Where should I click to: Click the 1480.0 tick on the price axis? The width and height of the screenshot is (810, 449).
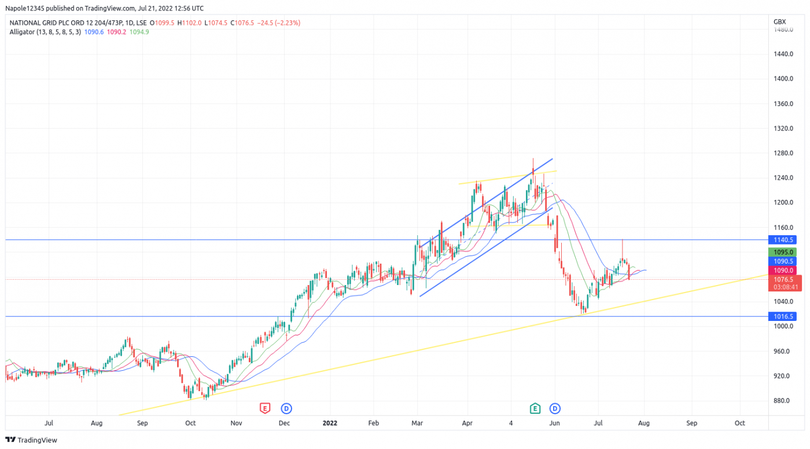783,30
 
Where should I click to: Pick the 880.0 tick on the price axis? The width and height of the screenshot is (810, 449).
782,401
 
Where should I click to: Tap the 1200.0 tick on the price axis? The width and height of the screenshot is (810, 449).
783,203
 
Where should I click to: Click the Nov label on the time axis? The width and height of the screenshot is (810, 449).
236,424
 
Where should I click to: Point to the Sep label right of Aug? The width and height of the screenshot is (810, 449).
692,424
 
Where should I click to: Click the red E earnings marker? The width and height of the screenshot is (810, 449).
265,408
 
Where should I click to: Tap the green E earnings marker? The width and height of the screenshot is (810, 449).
535,408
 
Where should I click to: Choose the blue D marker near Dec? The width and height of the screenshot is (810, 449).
286,408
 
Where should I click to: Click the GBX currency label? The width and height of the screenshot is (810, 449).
779,22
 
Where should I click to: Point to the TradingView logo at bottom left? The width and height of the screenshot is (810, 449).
31,440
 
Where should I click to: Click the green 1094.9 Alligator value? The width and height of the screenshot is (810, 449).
139,32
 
